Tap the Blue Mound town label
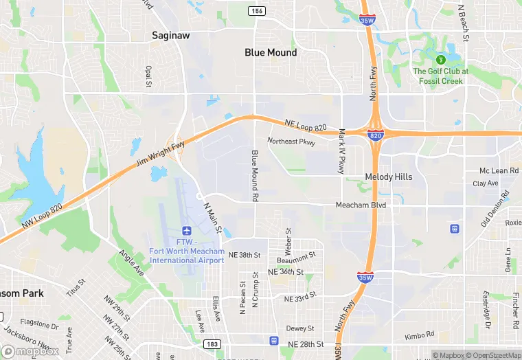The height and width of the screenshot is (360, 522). [271, 52]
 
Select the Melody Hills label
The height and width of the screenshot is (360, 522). [389, 177]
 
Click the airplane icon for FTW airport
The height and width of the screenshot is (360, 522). [186, 230]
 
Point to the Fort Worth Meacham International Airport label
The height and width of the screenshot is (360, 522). [187, 251]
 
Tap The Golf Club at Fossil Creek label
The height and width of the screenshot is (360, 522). [440, 76]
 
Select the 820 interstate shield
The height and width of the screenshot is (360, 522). [375, 137]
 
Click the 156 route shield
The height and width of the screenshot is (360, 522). [258, 11]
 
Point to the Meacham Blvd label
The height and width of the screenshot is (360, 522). [361, 205]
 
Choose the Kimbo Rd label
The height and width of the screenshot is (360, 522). [420, 335]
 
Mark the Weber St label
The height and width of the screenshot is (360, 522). [288, 240]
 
